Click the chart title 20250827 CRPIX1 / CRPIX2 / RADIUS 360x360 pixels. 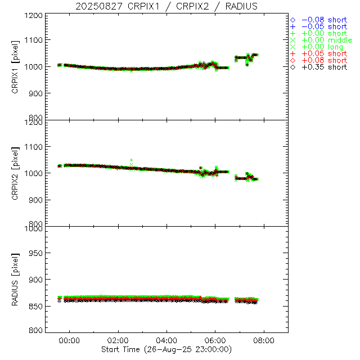(166, 6)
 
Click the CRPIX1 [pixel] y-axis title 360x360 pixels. (15, 66)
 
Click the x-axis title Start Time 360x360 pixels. (166, 349)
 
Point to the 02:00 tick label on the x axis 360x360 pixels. (119, 341)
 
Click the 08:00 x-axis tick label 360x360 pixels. (264, 341)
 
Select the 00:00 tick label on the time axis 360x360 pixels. (70, 341)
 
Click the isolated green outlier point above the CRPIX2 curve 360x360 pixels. (132, 160)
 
